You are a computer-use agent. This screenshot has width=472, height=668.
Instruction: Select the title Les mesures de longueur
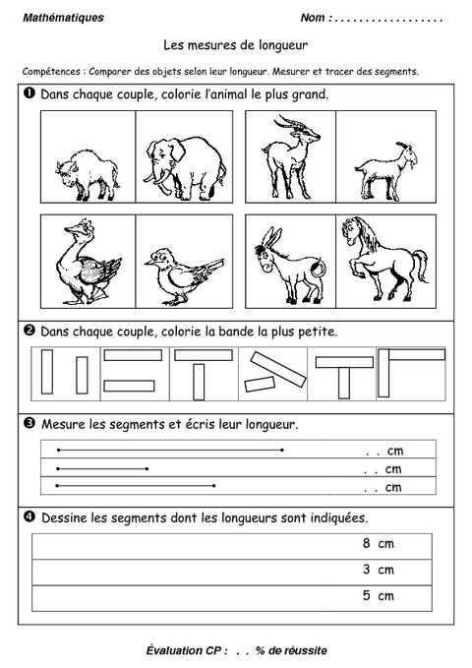click(236, 44)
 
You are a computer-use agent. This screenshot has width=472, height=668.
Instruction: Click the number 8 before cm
click(366, 543)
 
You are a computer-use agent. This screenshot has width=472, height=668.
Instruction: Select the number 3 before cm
click(366, 570)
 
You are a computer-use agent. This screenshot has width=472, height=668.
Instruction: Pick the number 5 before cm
click(366, 595)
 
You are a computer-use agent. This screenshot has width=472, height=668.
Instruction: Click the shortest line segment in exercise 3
click(103, 468)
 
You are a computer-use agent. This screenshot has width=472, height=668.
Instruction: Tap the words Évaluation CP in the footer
click(186, 650)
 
